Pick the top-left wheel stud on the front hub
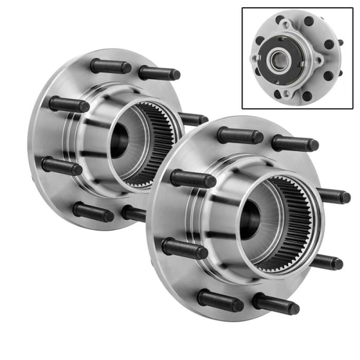tap(240, 136)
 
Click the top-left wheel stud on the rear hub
tap(110, 66)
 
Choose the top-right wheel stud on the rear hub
tap(159, 73)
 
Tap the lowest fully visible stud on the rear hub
tap(93, 211)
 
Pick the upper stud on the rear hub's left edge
tap(69, 104)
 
